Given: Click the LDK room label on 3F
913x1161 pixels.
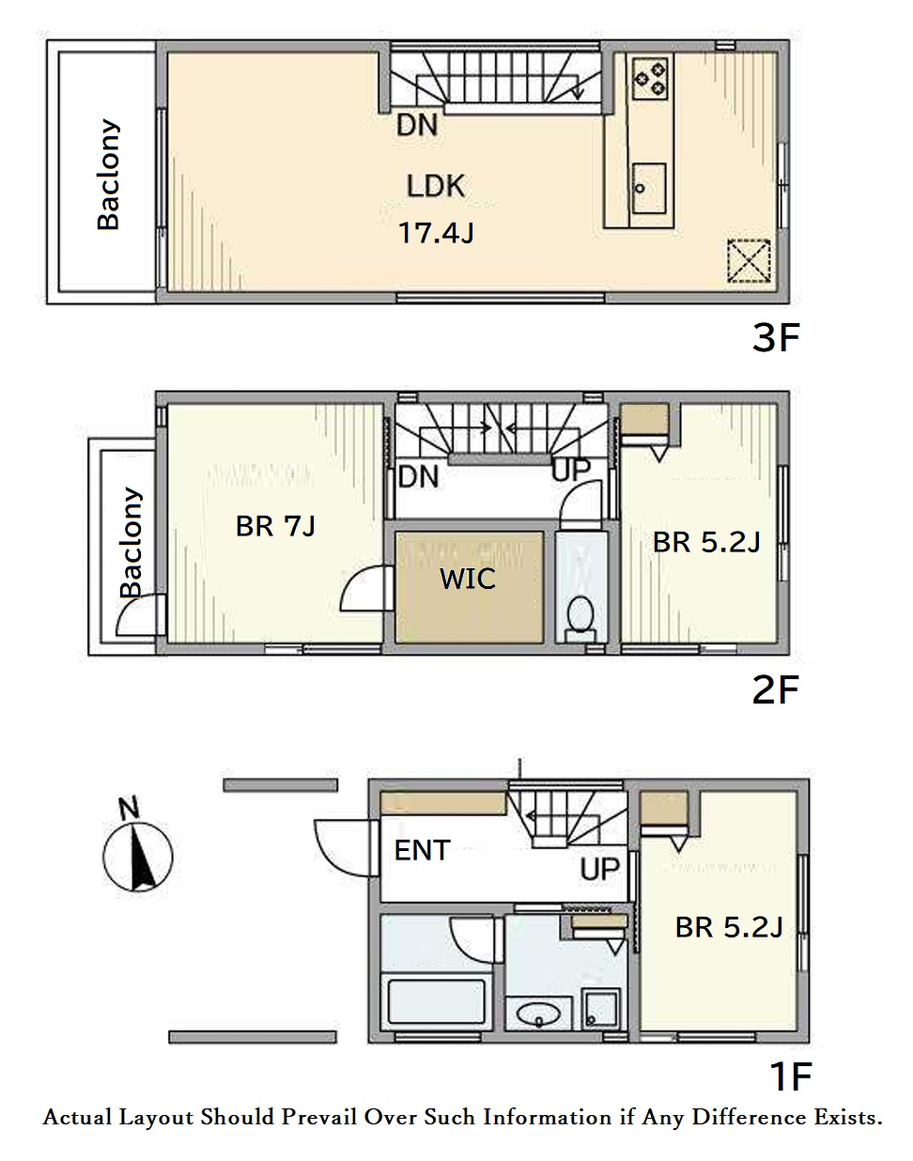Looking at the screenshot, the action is [x=436, y=186].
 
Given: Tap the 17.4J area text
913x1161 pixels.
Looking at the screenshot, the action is [x=436, y=233].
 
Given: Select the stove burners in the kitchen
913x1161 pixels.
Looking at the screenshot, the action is [x=650, y=79].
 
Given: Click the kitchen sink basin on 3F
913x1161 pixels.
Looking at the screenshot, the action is [x=649, y=188].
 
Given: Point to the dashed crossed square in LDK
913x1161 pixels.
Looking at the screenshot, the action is [x=748, y=261].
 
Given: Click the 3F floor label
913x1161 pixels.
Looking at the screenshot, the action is [x=776, y=337].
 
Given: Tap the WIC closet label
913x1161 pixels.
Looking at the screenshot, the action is [x=467, y=579].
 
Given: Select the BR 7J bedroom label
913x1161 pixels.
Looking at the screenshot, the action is [x=275, y=526].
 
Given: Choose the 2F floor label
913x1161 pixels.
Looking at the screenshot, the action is [x=776, y=689].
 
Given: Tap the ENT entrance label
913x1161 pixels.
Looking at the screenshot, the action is [x=422, y=851].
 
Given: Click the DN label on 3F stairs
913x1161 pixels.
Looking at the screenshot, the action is [x=416, y=125].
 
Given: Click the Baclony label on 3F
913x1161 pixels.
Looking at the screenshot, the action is [x=108, y=175].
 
